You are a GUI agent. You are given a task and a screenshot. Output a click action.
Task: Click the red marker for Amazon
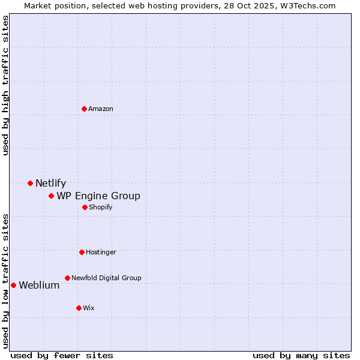pyautogui.click(x=84, y=109)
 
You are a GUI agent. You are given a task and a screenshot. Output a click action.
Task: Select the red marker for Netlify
pyautogui.click(x=30, y=183)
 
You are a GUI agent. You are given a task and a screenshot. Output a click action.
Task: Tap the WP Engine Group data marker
pyautogui.click(x=51, y=196)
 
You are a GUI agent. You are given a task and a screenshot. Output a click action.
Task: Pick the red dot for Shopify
pyautogui.click(x=85, y=207)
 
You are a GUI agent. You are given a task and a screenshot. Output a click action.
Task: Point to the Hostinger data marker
pyautogui.click(x=82, y=252)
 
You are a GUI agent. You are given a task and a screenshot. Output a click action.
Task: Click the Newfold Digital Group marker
pyautogui.click(x=67, y=278)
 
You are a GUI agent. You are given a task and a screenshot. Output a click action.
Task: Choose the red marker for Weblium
pyautogui.click(x=13, y=285)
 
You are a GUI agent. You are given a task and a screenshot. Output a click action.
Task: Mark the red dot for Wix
pyautogui.click(x=79, y=308)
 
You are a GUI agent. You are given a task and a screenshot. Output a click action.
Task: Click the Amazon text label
pyautogui.click(x=101, y=109)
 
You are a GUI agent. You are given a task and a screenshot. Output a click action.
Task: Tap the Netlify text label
pyautogui.click(x=50, y=184)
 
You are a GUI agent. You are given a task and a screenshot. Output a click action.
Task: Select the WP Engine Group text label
pyautogui.click(x=98, y=196)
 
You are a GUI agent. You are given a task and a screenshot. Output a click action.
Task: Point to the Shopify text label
pyautogui.click(x=101, y=207)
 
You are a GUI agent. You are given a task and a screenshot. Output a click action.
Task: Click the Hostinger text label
pyautogui.click(x=101, y=252)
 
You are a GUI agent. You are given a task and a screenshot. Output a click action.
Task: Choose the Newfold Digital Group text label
pyautogui.click(x=106, y=278)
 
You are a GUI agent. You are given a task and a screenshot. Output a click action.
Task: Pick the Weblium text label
pyautogui.click(x=39, y=286)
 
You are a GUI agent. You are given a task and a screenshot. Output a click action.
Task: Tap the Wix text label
pyautogui.click(x=89, y=308)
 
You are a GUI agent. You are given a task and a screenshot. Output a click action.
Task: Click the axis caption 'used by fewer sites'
pyautogui.click(x=62, y=355)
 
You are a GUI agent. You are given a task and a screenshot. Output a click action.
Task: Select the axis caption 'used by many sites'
pyautogui.click(x=301, y=355)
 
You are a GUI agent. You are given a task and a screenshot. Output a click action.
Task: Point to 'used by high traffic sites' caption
pyautogui.click(x=6, y=85)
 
